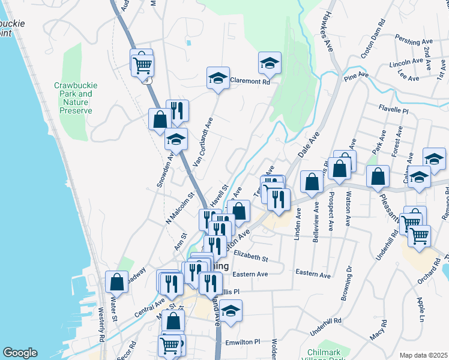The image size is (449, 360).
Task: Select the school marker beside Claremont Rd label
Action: click(218, 77)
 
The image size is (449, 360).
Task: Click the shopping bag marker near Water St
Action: click(117, 282)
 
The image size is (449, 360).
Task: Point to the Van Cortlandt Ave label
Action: click(203, 141)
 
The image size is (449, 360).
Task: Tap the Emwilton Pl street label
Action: click(243, 342)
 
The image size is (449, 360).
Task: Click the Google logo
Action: click(20, 353)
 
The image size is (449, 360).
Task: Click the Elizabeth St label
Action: click(250, 256)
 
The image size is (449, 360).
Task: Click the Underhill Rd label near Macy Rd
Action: click(325, 327)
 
